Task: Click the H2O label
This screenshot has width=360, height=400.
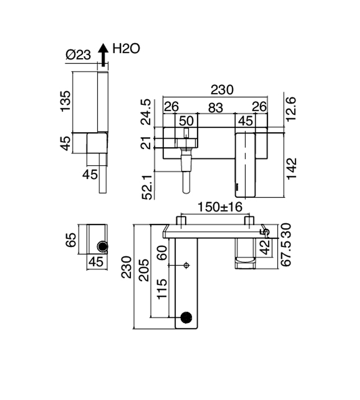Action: [126, 49]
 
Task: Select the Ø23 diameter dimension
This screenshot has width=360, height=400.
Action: [78, 55]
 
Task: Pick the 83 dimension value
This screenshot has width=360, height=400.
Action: [216, 107]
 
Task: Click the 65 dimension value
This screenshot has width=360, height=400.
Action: [71, 240]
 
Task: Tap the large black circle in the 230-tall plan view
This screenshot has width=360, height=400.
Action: [186, 317]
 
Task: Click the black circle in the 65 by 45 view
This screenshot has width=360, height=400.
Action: [102, 247]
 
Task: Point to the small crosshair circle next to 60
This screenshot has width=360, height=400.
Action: [186, 265]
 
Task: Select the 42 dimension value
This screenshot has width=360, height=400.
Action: [266, 248]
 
